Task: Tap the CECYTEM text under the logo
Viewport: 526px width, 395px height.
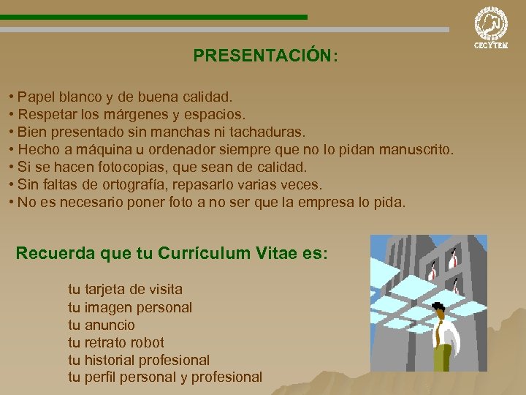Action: [x=491, y=45]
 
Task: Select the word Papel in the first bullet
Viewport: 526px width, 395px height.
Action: [x=35, y=97]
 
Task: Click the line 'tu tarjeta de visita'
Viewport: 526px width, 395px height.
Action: [x=125, y=290]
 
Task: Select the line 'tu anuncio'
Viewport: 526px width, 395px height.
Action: [x=102, y=325]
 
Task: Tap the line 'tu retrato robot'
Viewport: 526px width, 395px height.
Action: [x=116, y=342]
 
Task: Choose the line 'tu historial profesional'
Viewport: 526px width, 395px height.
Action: [x=139, y=360]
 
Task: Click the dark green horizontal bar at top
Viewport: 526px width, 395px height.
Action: [x=153, y=16]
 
